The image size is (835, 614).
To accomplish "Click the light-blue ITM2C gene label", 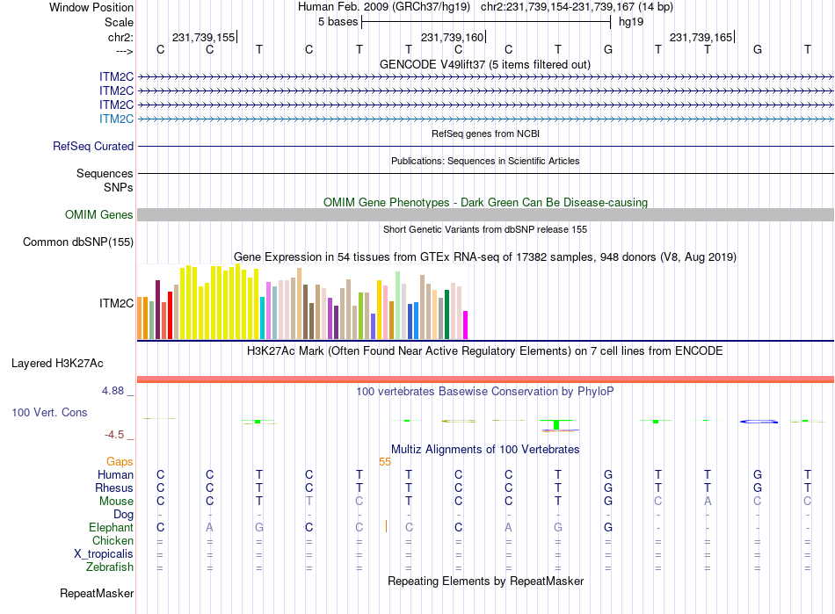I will coord(116,119).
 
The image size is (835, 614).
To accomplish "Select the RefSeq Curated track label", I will coord(93,147).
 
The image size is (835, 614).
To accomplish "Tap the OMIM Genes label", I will coord(99,215).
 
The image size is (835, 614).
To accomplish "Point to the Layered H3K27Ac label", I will coord(57,363).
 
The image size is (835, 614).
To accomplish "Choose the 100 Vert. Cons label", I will coord(49,412).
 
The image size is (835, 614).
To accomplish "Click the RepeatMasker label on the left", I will coord(97,594).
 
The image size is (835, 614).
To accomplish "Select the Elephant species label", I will coord(111,528).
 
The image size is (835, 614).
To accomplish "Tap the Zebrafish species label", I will coord(110,567).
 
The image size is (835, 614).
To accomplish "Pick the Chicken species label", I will coord(113,541).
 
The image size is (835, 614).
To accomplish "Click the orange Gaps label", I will coord(120,461).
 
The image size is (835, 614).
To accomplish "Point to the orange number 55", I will coord(385,461).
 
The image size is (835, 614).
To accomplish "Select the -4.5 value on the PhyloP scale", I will coord(119,434).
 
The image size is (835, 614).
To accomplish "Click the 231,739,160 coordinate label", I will coord(452,38).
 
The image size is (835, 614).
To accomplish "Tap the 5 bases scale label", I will coord(338,21).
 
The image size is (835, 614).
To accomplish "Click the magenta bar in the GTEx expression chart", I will coord(465,324).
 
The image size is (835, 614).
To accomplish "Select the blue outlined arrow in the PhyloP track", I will coord(759,422).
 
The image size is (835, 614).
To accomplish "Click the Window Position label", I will coord(91,7).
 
